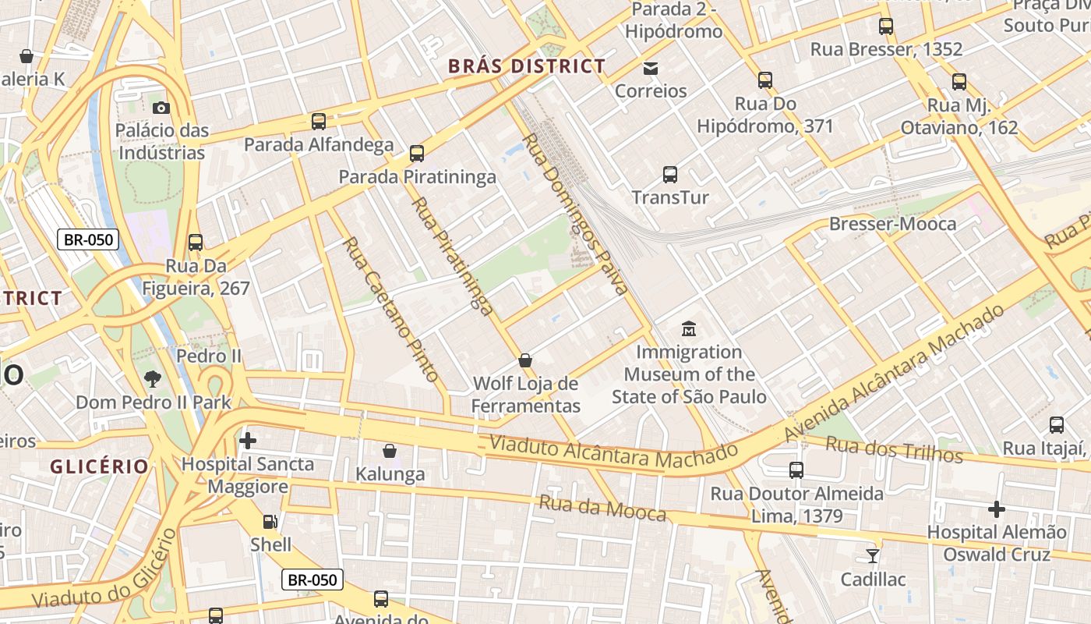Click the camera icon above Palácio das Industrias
[161, 108]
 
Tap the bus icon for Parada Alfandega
[319, 122]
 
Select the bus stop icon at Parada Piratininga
[417, 154]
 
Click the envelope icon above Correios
[651, 69]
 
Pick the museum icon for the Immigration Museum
[688, 329]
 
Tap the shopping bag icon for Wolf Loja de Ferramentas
[526, 360]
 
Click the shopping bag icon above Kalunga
[390, 451]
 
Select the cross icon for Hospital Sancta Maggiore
[248, 441]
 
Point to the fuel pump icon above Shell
[270, 522]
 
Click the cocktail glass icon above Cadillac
[872, 556]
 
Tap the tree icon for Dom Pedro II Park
[153, 380]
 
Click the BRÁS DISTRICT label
[527, 67]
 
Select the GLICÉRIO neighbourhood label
[99, 466]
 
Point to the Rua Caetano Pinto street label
[390, 310]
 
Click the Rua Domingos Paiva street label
[574, 214]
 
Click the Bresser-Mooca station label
[892, 225]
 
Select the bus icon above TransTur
[670, 175]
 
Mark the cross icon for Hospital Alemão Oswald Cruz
[996, 510]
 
